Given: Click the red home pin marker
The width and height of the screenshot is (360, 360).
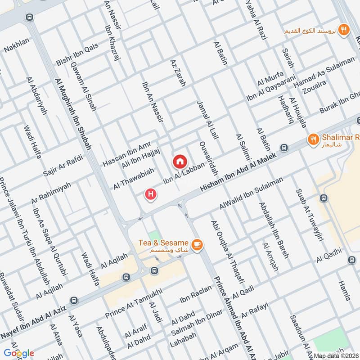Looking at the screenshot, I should point(179,160).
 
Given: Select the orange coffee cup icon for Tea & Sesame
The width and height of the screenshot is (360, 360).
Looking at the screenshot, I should point(197,244).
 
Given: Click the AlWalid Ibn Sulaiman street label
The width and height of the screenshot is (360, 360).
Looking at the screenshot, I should point(251,193).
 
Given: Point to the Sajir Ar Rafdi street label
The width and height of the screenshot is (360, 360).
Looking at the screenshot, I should point(61,166).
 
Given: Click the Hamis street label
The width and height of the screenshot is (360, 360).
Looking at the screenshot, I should point(344,289).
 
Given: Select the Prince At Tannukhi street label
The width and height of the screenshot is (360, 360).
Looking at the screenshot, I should point(127,307).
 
